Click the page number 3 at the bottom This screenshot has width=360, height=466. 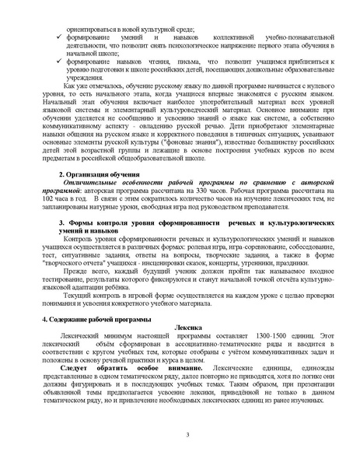point(178,434)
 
